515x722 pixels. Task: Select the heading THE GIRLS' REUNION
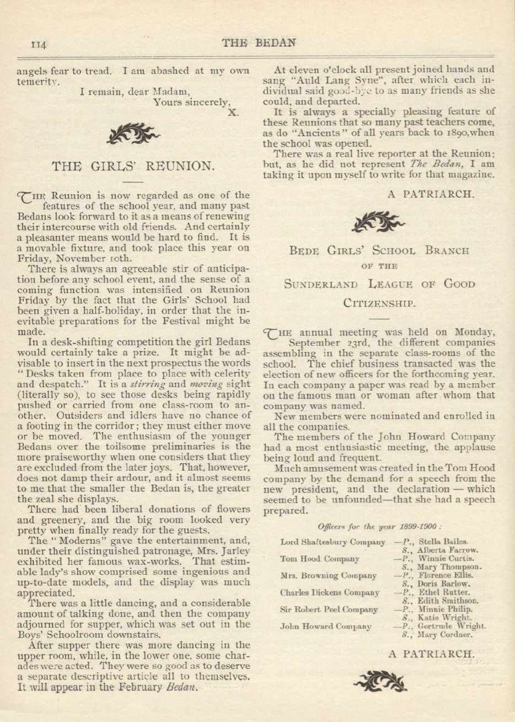point(131,165)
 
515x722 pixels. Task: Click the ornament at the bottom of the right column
point(380,681)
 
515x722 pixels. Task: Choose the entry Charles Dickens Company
point(330,593)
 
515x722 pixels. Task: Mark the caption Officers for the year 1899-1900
point(380,526)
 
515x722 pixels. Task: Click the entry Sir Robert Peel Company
point(329,609)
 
